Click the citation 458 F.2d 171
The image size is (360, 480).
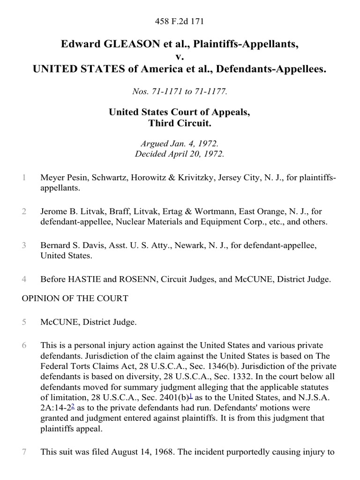coord(180,21)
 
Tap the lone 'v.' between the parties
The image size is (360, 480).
coord(180,57)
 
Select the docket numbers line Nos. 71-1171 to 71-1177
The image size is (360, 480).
coord(180,92)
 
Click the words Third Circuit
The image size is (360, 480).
coord(180,123)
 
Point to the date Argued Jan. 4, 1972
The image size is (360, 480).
coord(180,144)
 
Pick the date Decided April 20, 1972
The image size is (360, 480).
coord(180,154)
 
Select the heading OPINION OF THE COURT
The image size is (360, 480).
coord(75,298)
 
